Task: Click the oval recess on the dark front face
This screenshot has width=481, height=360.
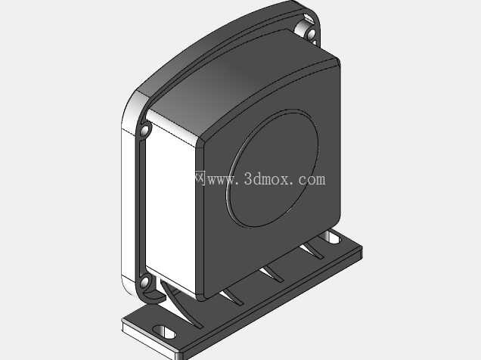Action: point(272,169)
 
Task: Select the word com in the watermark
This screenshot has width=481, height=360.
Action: point(312,180)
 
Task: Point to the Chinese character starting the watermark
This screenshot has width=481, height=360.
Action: point(200,178)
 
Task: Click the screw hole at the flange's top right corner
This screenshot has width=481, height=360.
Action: point(311,33)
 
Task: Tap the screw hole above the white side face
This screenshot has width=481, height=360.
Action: point(144,130)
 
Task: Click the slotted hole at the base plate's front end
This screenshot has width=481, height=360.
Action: point(164,333)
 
